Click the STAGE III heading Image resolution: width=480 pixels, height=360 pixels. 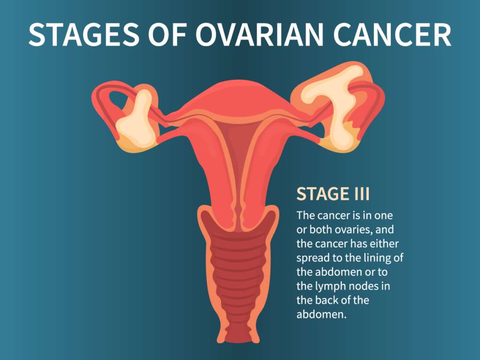click(333, 194)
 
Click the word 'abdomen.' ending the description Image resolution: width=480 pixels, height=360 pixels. click(321, 314)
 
